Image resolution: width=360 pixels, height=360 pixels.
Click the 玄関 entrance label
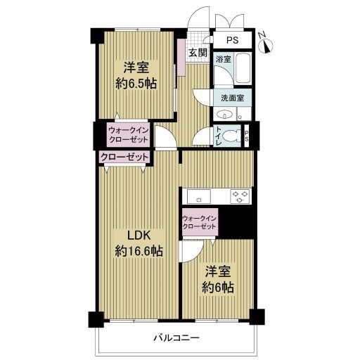[198, 53]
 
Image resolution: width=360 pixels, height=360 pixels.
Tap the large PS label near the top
[232, 40]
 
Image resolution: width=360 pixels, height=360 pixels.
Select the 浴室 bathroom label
[224, 59]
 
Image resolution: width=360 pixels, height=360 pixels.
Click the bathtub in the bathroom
[243, 68]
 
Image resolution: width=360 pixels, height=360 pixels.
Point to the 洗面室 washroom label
[233, 98]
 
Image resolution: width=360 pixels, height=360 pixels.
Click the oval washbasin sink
[225, 115]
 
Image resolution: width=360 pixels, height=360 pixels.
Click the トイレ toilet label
[218, 136]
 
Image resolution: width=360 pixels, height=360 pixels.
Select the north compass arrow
[267, 46]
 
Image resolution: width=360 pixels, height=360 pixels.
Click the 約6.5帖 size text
[136, 83]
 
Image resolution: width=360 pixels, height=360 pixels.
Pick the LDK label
[139, 236]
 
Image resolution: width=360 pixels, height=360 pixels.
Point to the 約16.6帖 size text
[139, 251]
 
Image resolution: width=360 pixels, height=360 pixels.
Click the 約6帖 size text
[218, 287]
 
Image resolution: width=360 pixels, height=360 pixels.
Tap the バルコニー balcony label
[176, 338]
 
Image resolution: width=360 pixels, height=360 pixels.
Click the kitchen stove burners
[240, 196]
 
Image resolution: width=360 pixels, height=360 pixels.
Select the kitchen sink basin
[199, 196]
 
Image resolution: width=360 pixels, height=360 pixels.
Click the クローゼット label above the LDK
[124, 157]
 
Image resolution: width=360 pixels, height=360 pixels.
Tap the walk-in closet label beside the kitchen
[199, 222]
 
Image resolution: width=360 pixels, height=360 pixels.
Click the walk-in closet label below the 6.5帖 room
[129, 135]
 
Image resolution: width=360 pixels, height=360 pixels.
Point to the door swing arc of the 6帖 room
[197, 254]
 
